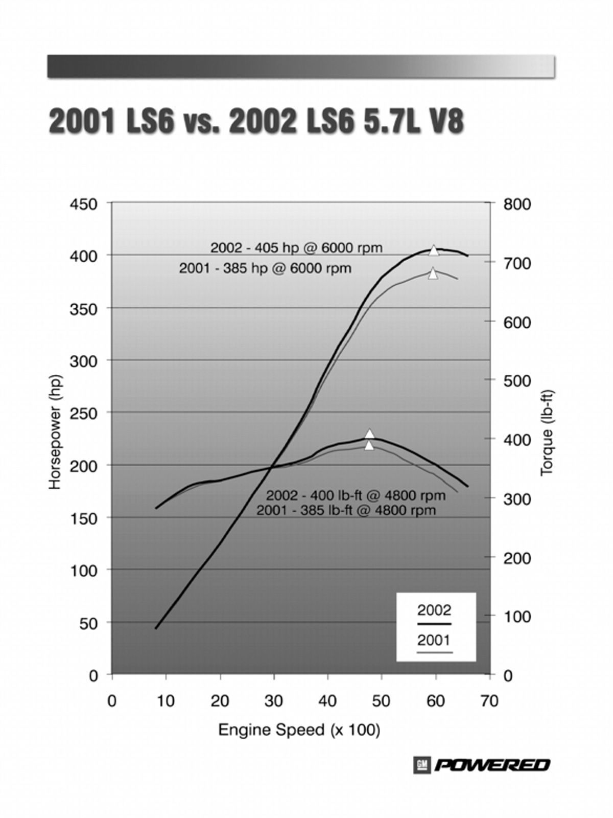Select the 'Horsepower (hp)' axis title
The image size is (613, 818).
(56, 432)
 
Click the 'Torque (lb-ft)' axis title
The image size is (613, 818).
(547, 432)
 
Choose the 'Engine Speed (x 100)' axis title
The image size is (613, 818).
(299, 730)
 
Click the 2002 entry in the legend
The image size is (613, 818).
(434, 610)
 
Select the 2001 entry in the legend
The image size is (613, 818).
(434, 641)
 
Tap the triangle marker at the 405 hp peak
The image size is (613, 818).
(434, 250)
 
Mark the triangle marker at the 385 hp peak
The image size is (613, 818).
(433, 274)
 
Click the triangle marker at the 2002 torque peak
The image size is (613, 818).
(370, 434)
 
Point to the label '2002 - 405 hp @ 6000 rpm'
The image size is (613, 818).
(296, 248)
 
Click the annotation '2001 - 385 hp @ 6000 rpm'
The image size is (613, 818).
(265, 268)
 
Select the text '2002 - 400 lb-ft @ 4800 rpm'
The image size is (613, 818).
(356, 495)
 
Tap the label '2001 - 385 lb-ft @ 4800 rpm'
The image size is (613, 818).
(346, 510)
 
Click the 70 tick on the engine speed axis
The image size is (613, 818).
(489, 701)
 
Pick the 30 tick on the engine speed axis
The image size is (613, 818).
(274, 701)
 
